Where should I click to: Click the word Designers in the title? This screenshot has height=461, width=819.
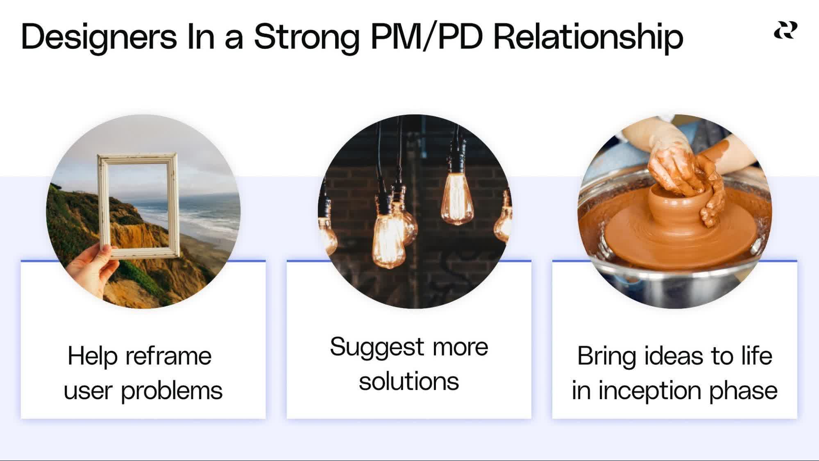[99, 37]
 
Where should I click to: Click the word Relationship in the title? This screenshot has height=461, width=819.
[588, 37]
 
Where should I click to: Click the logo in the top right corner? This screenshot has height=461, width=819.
[785, 31]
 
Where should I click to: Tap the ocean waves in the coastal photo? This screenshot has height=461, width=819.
[209, 213]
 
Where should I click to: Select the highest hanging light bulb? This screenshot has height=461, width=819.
[457, 199]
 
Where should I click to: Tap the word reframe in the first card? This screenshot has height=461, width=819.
[168, 356]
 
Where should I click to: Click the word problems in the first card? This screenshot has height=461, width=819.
[172, 391]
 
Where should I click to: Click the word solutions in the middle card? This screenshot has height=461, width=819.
[409, 382]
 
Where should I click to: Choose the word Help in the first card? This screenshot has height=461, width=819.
[93, 356]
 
